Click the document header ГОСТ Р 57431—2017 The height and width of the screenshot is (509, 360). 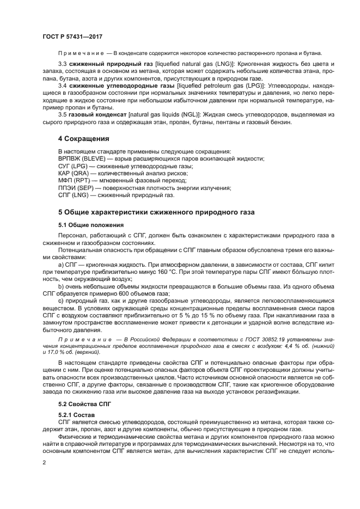click(72, 36)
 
